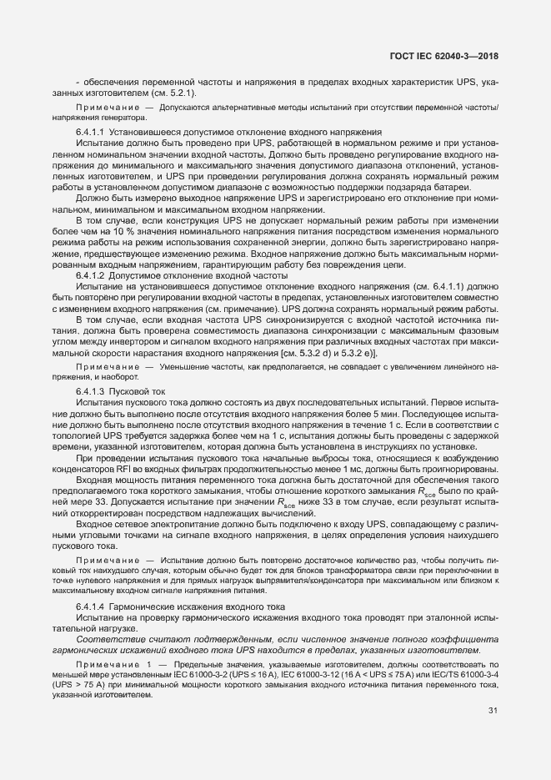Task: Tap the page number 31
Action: pos(493,711)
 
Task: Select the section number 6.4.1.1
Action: pos(89,133)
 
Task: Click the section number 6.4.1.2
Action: pos(89,274)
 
